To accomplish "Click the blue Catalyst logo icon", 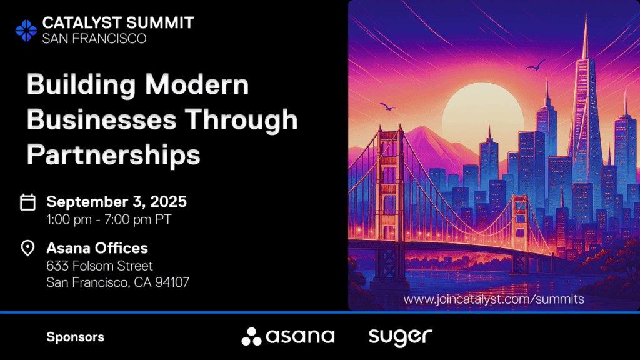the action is (26, 31).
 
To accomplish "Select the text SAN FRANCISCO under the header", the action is (94, 38).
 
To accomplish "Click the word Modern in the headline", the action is (197, 84).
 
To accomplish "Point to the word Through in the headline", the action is (241, 120).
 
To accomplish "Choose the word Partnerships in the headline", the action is (114, 155).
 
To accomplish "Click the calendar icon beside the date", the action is (27, 202).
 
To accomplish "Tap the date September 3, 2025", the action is (117, 202).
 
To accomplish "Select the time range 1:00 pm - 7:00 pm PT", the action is (109, 219).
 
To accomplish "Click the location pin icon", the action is (27, 247).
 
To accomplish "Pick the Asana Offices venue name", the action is (97, 248).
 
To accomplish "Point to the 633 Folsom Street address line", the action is (99, 266).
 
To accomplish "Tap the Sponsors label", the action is (76, 337).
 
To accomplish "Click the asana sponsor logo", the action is (288, 337).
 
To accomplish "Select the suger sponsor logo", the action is (401, 337).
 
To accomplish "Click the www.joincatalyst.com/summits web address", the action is (494, 299).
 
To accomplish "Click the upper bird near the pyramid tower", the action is (536, 65).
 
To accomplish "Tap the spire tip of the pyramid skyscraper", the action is (586, 14).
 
